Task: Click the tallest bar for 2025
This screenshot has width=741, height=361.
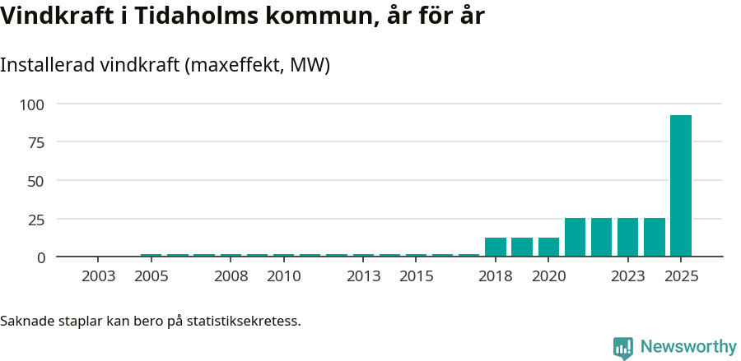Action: click(681, 186)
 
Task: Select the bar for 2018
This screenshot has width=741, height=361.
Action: click(496, 248)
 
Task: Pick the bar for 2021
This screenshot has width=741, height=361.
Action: click(575, 238)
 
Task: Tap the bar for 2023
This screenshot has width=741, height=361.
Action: click(628, 238)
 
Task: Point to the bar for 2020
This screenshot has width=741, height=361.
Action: click(548, 248)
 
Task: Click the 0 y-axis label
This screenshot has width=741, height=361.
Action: click(40, 257)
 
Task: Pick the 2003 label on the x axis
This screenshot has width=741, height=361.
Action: click(99, 276)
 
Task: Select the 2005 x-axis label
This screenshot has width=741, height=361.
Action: click(151, 276)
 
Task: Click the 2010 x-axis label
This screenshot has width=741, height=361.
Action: click(284, 276)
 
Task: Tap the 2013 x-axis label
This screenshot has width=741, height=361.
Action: click(363, 276)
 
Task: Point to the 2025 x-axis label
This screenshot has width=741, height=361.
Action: click(681, 276)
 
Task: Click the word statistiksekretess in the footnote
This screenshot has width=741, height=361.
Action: click(244, 321)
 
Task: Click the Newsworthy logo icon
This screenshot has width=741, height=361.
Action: click(623, 348)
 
